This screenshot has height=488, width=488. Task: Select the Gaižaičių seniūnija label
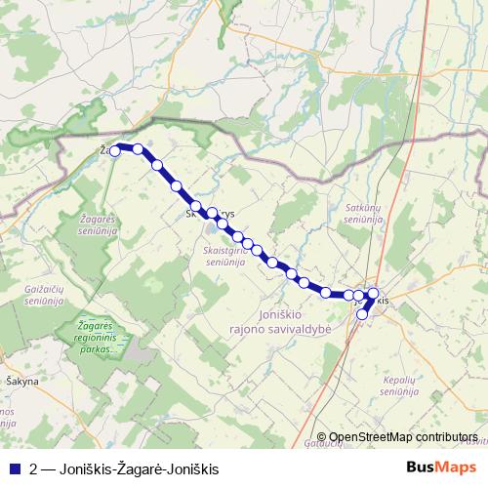(45, 295)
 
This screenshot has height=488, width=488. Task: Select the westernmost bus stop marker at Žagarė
(115, 150)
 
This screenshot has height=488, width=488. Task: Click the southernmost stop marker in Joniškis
(362, 314)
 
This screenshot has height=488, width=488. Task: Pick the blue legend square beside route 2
(14, 467)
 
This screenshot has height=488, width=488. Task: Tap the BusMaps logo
(441, 467)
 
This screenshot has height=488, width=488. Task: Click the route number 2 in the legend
(34, 467)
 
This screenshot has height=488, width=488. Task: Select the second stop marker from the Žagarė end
(138, 149)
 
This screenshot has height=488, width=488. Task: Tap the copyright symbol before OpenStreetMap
(321, 437)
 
